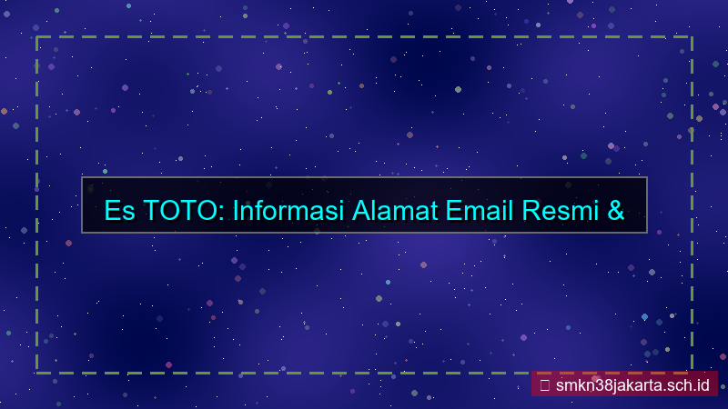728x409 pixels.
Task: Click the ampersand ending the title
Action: click(614, 211)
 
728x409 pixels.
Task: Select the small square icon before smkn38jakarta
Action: click(544, 384)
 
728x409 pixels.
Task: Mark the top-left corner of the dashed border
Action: click(36, 37)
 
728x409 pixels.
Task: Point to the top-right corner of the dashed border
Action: click(692, 37)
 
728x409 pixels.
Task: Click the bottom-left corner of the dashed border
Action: click(36, 372)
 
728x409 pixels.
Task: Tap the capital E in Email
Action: click(453, 211)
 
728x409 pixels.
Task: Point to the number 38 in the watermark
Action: click(599, 384)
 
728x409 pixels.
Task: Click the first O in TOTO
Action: click(165, 211)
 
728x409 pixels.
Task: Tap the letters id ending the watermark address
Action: click(703, 384)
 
